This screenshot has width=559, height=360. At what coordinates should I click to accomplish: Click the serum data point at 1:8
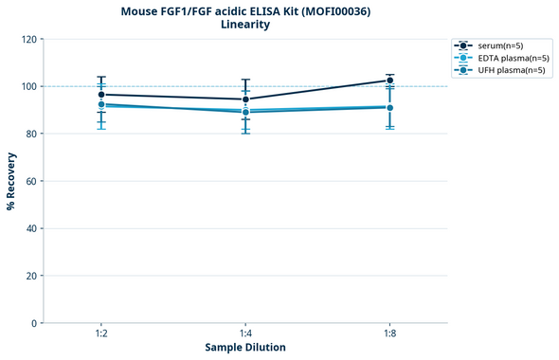390,81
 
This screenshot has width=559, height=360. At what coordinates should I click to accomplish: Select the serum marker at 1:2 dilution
101,95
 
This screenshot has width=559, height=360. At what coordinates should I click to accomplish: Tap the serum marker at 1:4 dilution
245,99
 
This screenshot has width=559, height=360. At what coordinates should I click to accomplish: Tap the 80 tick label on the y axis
29,134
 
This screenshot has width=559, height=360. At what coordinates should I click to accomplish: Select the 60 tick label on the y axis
29,181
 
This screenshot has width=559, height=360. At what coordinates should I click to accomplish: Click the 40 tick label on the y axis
29,228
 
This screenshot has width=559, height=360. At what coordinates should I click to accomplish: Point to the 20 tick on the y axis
29,276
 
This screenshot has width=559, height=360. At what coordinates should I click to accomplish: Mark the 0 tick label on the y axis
33,323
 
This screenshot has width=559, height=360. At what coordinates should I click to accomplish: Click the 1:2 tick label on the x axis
101,334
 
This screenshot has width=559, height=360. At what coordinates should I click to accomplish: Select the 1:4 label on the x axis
245,334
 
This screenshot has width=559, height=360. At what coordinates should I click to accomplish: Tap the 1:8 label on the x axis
390,334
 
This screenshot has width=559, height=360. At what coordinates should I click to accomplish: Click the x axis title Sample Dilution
245,348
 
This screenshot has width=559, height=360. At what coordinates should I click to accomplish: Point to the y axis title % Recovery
11,180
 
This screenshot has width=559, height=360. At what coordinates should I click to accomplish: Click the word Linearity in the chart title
244,25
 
